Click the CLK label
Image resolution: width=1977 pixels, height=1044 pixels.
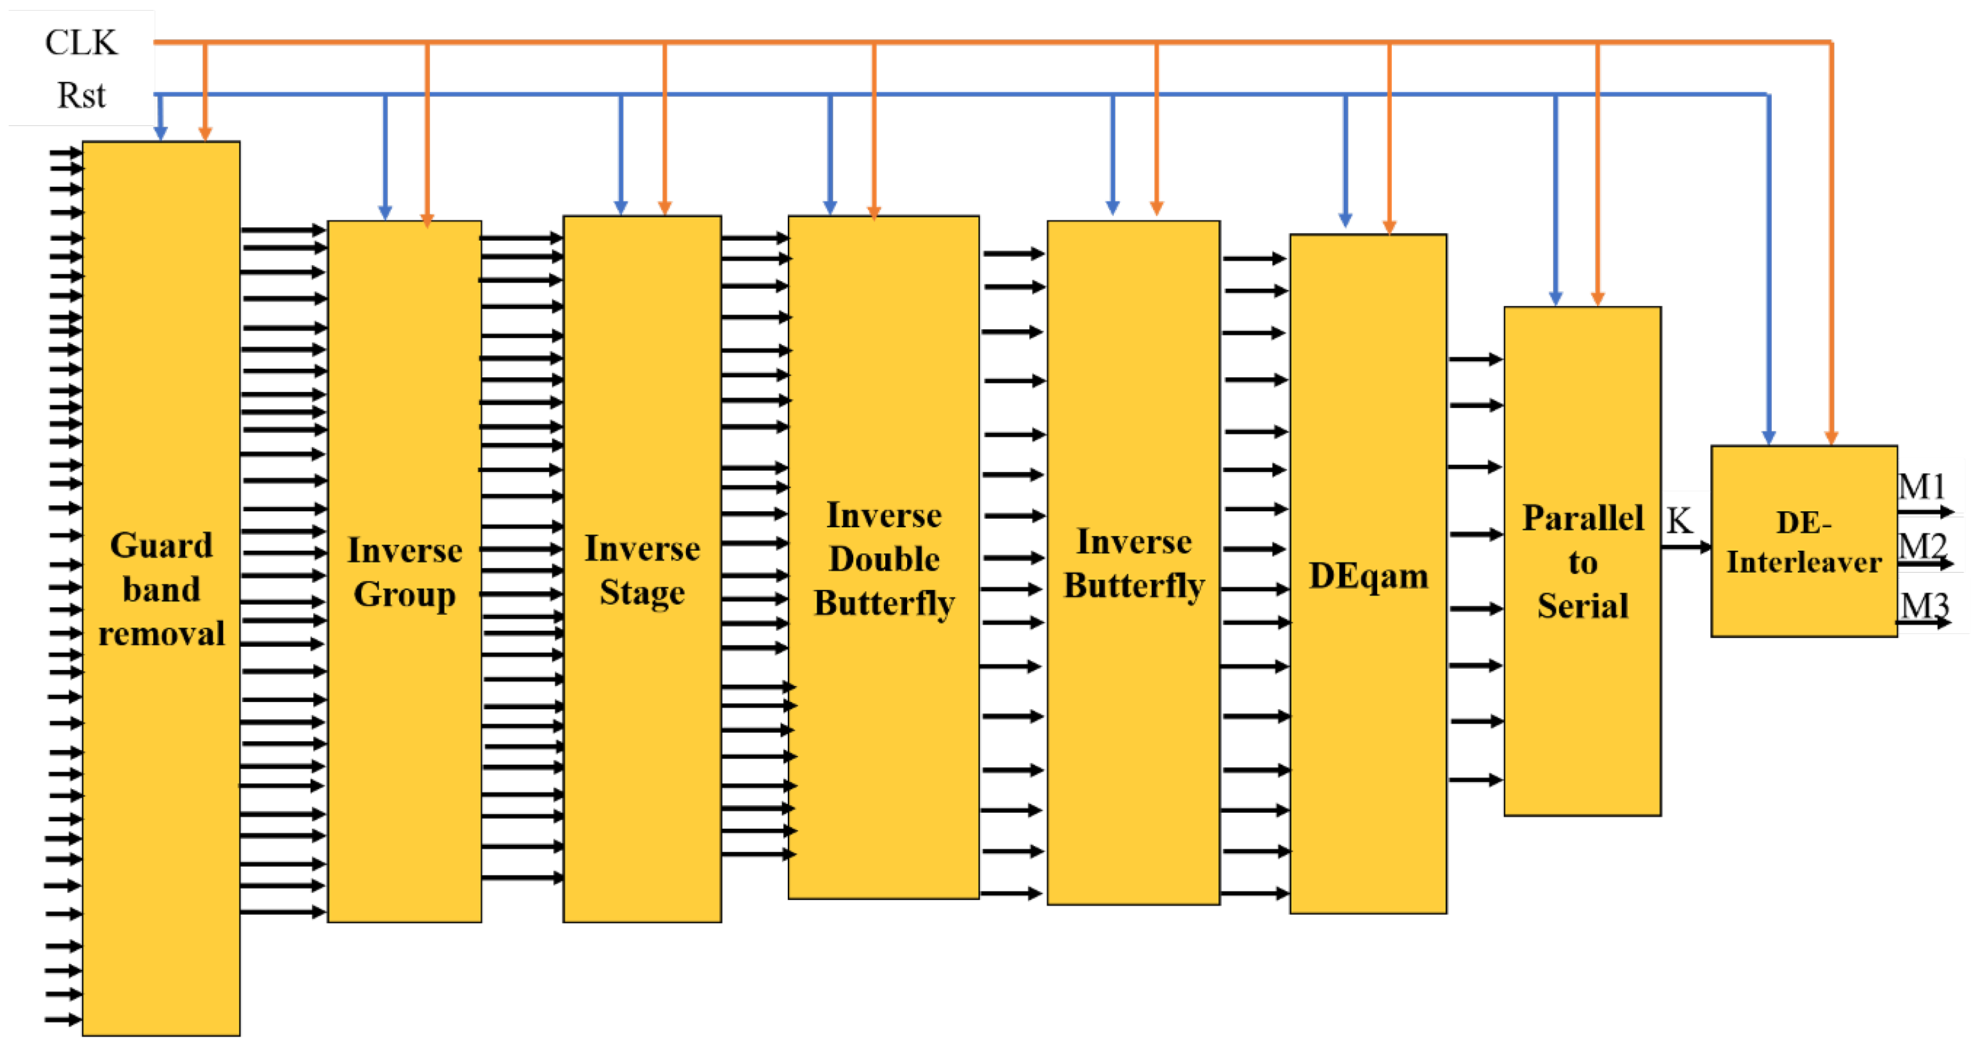tap(81, 42)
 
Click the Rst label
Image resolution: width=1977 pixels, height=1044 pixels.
tap(81, 95)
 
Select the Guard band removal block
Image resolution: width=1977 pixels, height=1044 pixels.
tap(161, 588)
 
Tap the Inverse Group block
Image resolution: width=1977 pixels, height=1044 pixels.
tap(405, 571)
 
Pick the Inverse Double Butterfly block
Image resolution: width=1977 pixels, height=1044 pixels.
tap(883, 557)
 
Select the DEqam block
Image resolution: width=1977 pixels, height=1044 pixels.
tap(1368, 574)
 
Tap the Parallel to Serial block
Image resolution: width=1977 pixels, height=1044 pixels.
tap(1582, 561)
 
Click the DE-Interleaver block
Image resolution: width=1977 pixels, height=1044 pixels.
tap(1804, 541)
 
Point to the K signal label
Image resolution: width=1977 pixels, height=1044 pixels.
tap(1678, 521)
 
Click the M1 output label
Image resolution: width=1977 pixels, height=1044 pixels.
tap(1922, 487)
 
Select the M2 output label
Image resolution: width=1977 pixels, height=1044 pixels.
tap(1922, 546)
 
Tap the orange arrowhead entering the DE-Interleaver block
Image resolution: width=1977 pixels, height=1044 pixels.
tap(1831, 437)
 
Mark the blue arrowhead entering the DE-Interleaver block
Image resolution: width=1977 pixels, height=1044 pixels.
tap(1768, 437)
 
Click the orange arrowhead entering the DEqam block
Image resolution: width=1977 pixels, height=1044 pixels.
tap(1389, 227)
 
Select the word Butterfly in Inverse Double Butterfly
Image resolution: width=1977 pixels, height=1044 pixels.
tap(884, 603)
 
